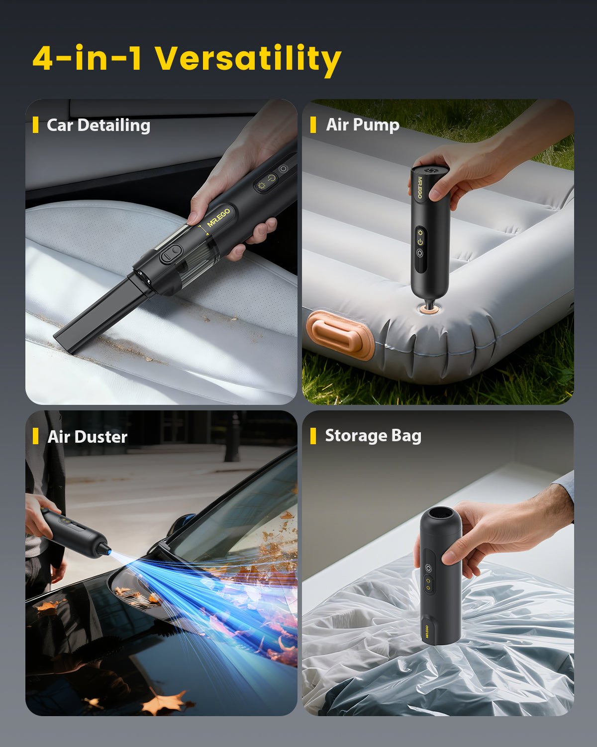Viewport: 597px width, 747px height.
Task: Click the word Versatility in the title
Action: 248,59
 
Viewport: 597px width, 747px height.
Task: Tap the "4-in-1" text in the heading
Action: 88,59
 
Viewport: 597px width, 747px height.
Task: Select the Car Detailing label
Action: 98,125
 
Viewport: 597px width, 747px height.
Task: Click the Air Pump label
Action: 363,124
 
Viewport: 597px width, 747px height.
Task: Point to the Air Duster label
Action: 88,437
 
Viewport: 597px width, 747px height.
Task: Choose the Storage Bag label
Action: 373,435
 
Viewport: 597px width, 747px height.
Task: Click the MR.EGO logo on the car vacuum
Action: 218,218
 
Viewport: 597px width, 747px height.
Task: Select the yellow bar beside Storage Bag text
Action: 313,436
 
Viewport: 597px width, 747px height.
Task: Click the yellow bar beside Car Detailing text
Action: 35,125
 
